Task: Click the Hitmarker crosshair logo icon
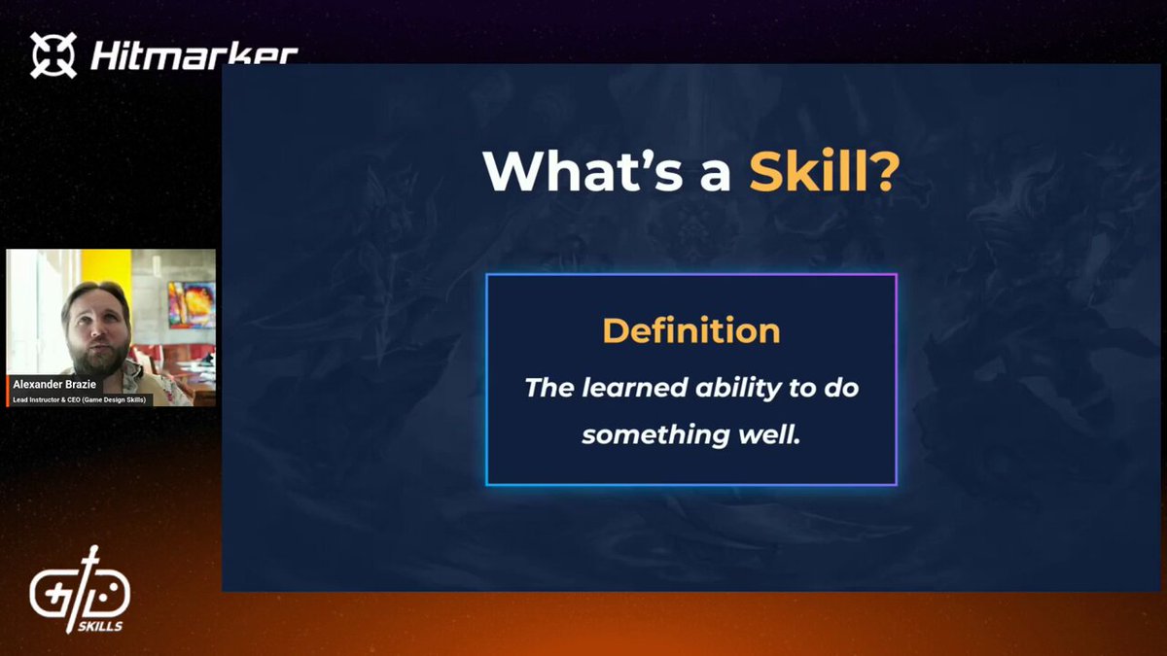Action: point(53,55)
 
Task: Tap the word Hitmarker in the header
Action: point(194,54)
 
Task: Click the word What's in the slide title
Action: point(583,171)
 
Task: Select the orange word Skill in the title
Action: point(808,171)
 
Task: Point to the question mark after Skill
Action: point(885,171)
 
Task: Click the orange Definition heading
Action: point(691,330)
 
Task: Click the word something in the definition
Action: point(655,435)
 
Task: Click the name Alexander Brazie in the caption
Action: point(54,384)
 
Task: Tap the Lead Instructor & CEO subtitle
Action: point(79,399)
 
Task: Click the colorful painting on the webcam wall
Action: point(192,305)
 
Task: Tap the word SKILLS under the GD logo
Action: point(100,626)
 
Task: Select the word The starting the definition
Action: point(549,388)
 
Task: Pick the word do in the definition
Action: point(841,388)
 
